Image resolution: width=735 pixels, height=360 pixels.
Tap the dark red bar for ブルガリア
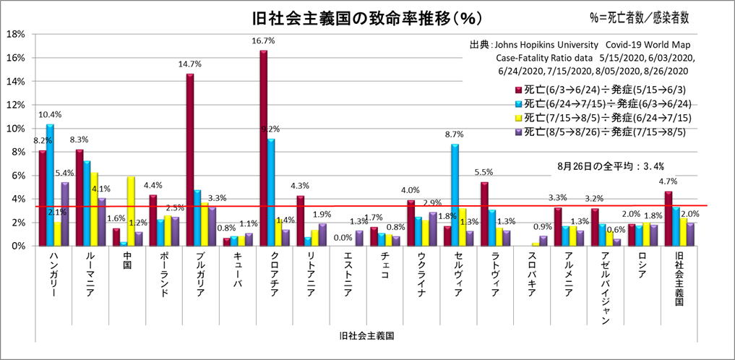click(x=190, y=160)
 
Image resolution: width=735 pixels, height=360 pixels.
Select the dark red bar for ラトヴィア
click(x=484, y=214)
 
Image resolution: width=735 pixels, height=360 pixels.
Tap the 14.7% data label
click(x=189, y=64)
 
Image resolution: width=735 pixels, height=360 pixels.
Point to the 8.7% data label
click(x=455, y=134)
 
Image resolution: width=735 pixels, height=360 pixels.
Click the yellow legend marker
click(x=517, y=117)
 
